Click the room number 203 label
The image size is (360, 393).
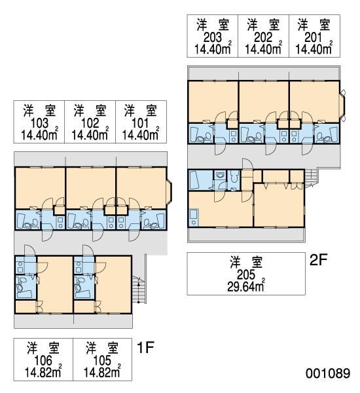click(213, 37)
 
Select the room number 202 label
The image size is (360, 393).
click(263, 37)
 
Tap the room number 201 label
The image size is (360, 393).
click(313, 37)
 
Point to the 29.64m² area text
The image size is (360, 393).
click(246, 286)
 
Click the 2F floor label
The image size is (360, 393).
click(318, 260)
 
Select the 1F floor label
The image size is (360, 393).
click(145, 347)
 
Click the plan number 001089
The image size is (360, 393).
click(328, 373)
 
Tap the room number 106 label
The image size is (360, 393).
click(43, 361)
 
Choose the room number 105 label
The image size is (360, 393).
click(102, 361)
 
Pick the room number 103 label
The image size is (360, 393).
click(39, 123)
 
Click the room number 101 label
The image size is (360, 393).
click(140, 123)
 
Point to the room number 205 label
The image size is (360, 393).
click(246, 275)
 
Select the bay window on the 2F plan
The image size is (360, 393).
click(342, 104)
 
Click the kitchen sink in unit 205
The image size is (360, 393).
click(194, 217)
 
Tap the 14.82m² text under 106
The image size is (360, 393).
click(43, 372)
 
